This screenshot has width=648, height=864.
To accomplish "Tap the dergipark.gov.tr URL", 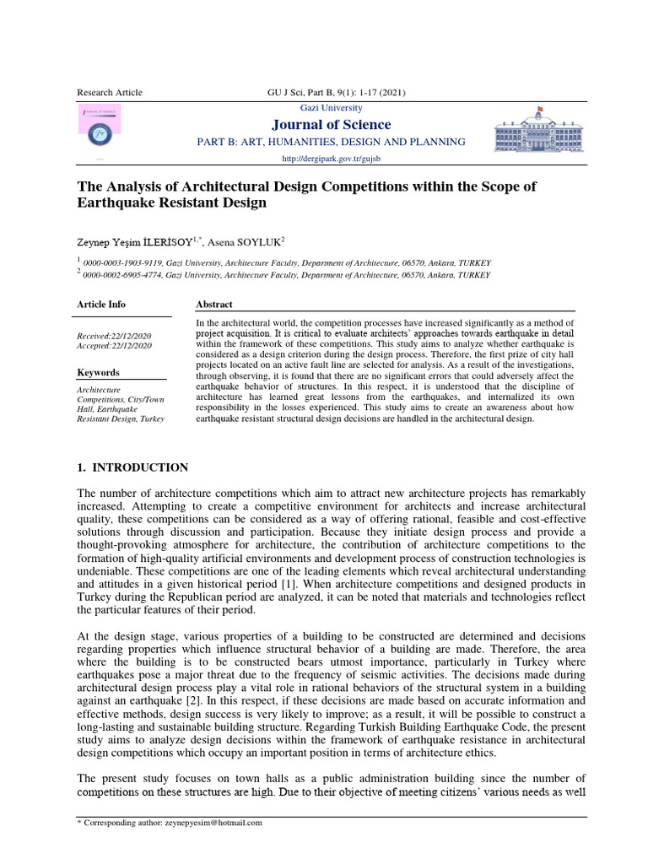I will [330, 158].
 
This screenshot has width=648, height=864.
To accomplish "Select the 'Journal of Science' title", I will [331, 125].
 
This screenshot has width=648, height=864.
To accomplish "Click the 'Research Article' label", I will [110, 93].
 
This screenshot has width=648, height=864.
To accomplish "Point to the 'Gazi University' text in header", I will [332, 108].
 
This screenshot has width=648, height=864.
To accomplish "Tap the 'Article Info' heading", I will [101, 305].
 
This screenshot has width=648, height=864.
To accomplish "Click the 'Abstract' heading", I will [214, 305].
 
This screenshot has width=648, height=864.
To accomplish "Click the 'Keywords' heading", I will [98, 372].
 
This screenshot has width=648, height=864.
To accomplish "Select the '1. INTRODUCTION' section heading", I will [132, 467].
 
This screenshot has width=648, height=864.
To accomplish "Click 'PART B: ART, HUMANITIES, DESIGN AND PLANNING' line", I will [331, 142].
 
